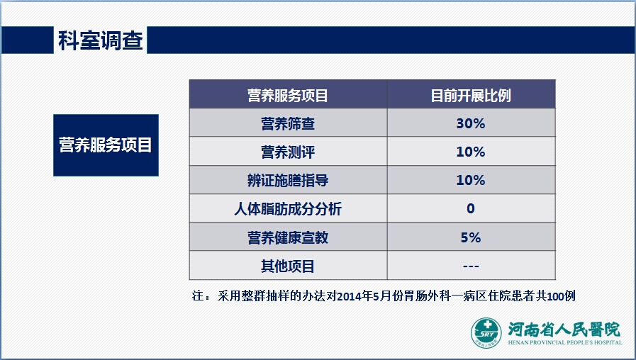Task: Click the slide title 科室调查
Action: coord(101,40)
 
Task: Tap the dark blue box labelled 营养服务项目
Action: coord(106,145)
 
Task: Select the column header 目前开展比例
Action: coord(471,96)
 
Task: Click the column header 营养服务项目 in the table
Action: coord(288,96)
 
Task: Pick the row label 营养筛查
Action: coord(288,123)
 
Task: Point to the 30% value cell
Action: coord(471,123)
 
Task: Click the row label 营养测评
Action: coord(288,152)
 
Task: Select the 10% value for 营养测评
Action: coord(471,152)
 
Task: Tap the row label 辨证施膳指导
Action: coord(288,181)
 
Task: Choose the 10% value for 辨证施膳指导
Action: coord(471,180)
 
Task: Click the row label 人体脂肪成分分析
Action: coord(288,209)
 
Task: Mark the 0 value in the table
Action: coord(471,208)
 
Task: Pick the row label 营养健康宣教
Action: coord(288,237)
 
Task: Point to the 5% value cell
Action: coord(471,237)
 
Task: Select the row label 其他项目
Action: coord(288,266)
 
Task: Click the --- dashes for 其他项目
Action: coord(471,266)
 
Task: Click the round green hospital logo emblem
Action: coord(486,333)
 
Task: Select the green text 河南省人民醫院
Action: coord(564,330)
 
